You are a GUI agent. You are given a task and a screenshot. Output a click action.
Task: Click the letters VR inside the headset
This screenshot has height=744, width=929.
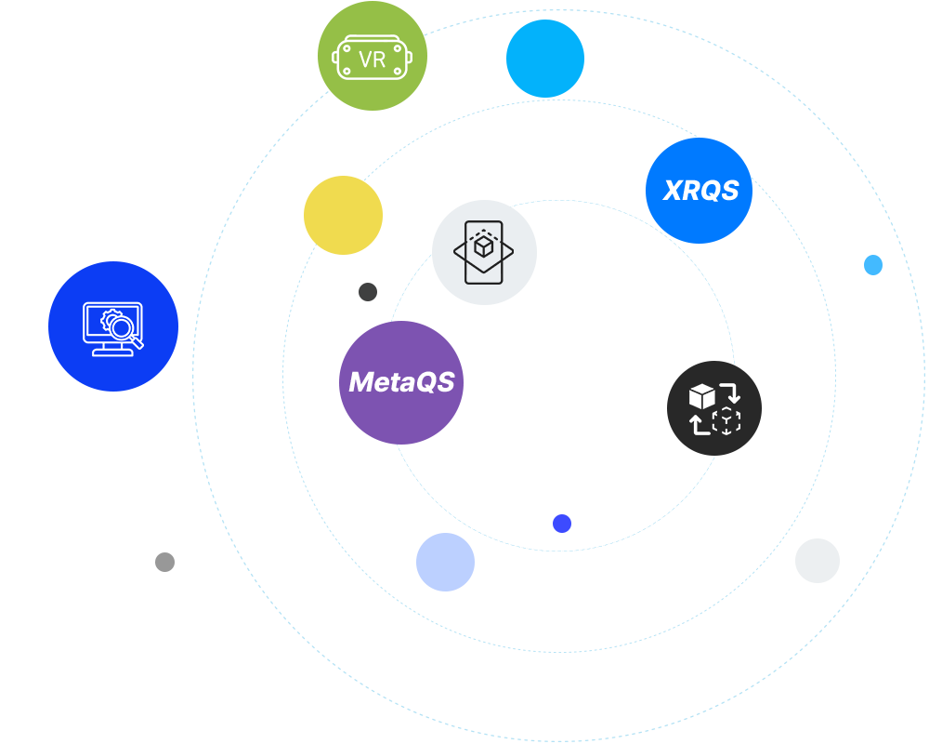coord(372,60)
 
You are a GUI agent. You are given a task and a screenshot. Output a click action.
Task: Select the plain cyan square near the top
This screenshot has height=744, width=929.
coord(544,58)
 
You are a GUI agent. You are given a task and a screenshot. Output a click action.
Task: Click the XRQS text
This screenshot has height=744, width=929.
coord(700,191)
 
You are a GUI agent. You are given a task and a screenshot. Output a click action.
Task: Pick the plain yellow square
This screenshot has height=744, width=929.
coord(343,215)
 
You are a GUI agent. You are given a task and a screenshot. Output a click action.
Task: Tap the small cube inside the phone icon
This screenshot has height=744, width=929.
coord(483,246)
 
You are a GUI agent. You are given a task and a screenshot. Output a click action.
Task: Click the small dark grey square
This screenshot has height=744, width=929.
coord(367,291)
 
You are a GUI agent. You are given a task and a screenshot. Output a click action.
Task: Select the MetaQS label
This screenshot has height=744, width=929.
coord(401,381)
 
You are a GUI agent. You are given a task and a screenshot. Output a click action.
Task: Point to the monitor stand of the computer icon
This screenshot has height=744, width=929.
coord(112,350)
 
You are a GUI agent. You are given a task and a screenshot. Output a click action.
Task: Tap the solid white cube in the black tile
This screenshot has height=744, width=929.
coord(701,396)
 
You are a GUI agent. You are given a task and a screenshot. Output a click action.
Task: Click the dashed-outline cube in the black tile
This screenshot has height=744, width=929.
coord(726,420)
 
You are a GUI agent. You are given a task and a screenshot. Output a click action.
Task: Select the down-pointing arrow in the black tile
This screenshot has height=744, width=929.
coord(732,394)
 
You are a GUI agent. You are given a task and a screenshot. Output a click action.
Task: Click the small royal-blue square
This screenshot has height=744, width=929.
coord(561,523)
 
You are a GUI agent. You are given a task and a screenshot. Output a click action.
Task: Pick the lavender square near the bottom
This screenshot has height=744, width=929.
coord(445,562)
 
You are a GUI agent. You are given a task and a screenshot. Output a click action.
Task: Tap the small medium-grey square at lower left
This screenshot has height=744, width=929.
coord(164,562)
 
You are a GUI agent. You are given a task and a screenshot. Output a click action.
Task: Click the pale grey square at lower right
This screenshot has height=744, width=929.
coord(817,560)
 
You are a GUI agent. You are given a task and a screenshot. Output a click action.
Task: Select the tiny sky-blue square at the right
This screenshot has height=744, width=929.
coord(872,264)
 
